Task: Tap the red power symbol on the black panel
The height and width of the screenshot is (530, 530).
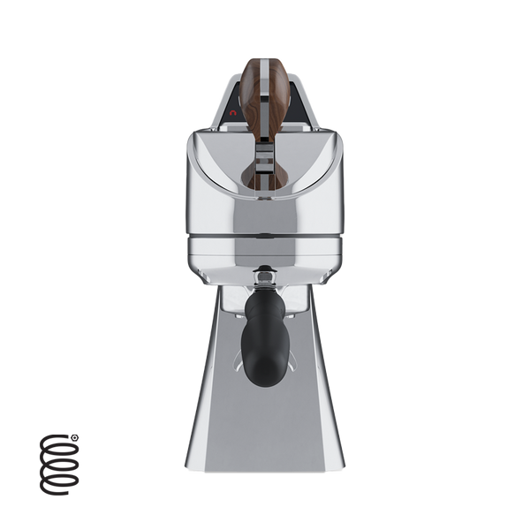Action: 233,114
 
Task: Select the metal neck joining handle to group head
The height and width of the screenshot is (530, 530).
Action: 265,287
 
